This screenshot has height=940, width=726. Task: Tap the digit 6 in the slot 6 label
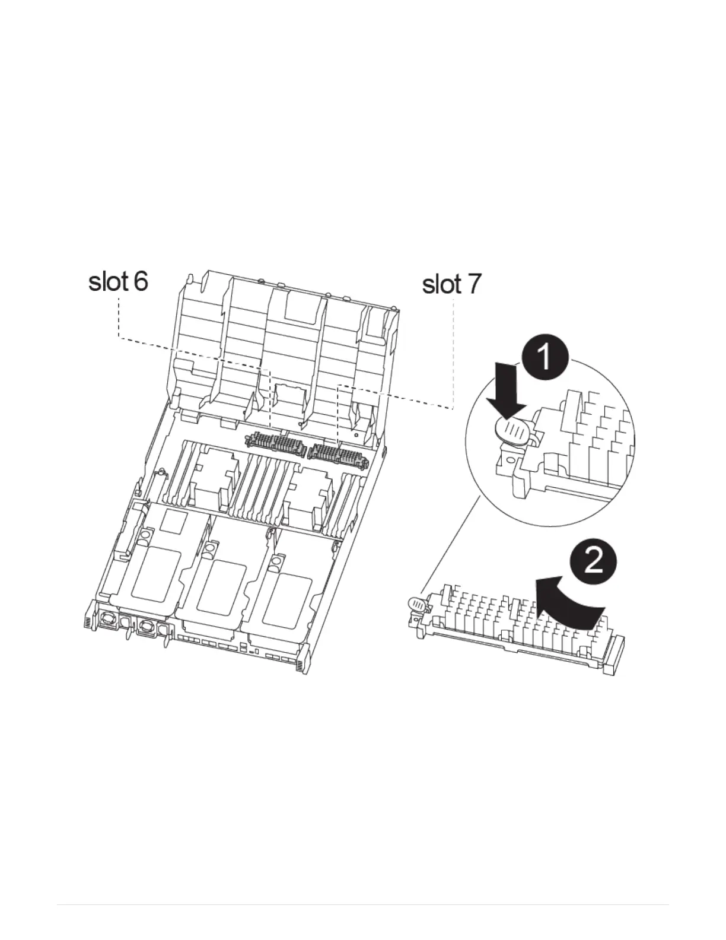click(x=141, y=281)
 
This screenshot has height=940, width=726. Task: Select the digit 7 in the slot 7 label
click(x=473, y=285)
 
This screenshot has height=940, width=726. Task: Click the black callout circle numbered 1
click(x=545, y=358)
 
